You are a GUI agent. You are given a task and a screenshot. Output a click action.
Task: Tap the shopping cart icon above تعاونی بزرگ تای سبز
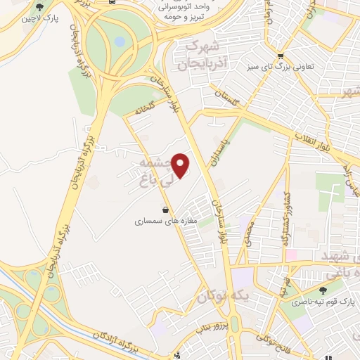tap(281, 57)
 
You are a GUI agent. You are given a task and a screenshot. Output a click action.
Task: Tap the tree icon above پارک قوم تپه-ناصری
tap(323, 290)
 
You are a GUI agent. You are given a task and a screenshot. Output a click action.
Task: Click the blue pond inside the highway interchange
tap(120, 42)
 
